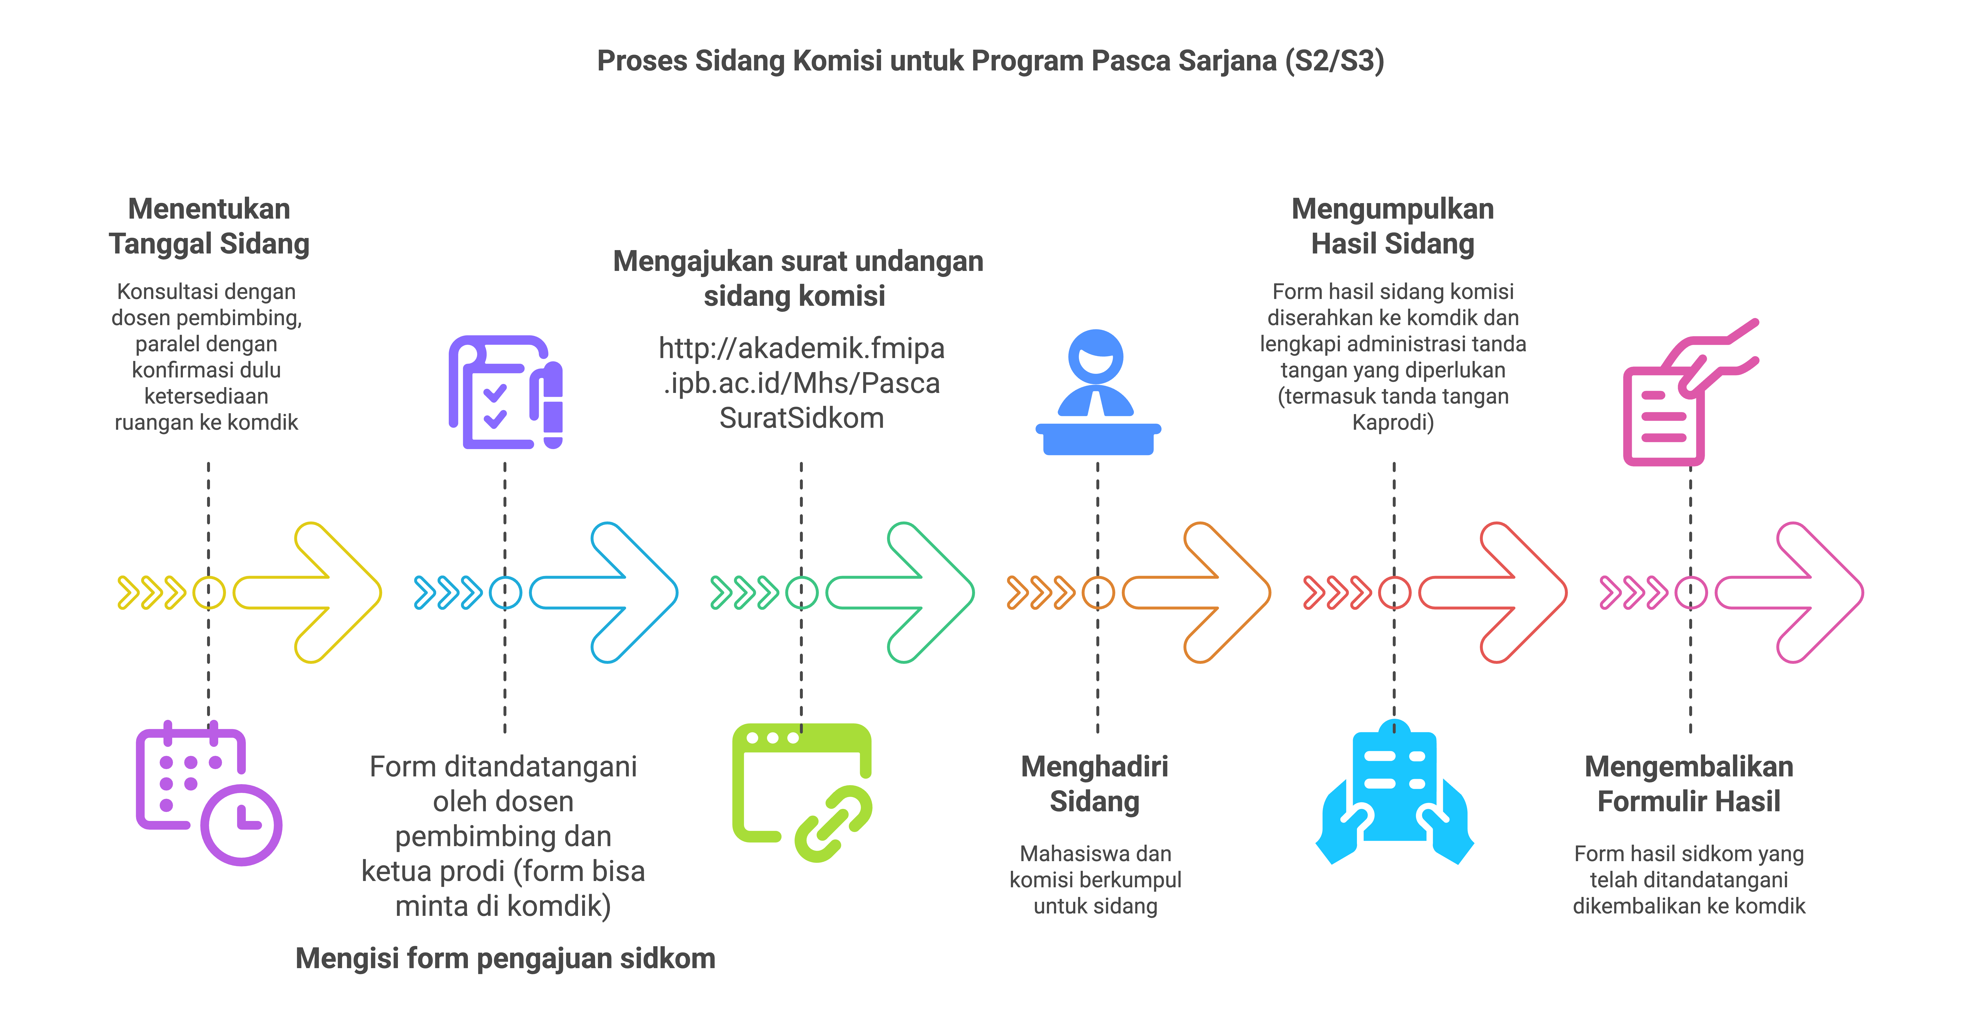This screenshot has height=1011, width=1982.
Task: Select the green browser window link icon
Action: pos(802,792)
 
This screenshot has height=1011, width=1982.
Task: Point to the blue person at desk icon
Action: pos(1098,392)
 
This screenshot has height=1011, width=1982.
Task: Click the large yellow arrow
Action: pos(308,592)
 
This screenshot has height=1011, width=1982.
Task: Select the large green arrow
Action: pos(900,592)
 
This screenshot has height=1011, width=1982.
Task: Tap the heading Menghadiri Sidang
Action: pos(1095,784)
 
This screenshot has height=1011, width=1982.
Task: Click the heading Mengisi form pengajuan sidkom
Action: pos(505,959)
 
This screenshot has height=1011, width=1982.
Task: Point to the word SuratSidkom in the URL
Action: pos(802,418)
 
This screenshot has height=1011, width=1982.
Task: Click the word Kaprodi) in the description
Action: pos(1394,422)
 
